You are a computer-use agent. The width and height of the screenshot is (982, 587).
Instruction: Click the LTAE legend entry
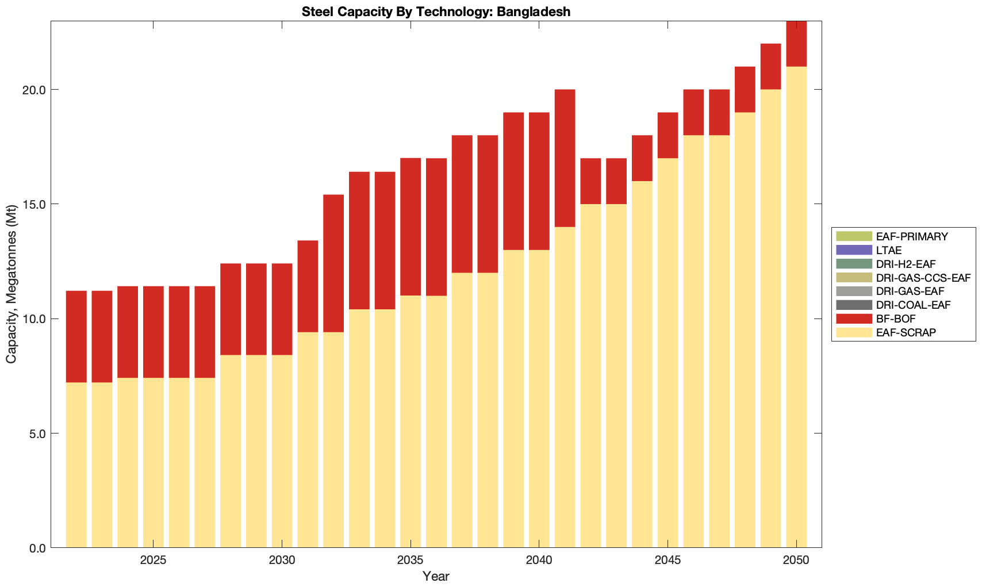point(889,250)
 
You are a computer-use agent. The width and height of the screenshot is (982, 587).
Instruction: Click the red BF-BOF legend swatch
point(854,319)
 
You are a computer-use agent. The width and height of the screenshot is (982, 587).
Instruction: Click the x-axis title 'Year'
point(436,577)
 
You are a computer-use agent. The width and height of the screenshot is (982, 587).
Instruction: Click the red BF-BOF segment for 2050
point(796,44)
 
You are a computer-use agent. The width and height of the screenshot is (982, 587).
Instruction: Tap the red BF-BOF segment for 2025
point(153,332)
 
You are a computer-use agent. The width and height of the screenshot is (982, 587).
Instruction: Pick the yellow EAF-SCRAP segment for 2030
point(282,451)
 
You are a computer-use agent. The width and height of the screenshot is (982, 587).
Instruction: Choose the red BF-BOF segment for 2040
point(539,181)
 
